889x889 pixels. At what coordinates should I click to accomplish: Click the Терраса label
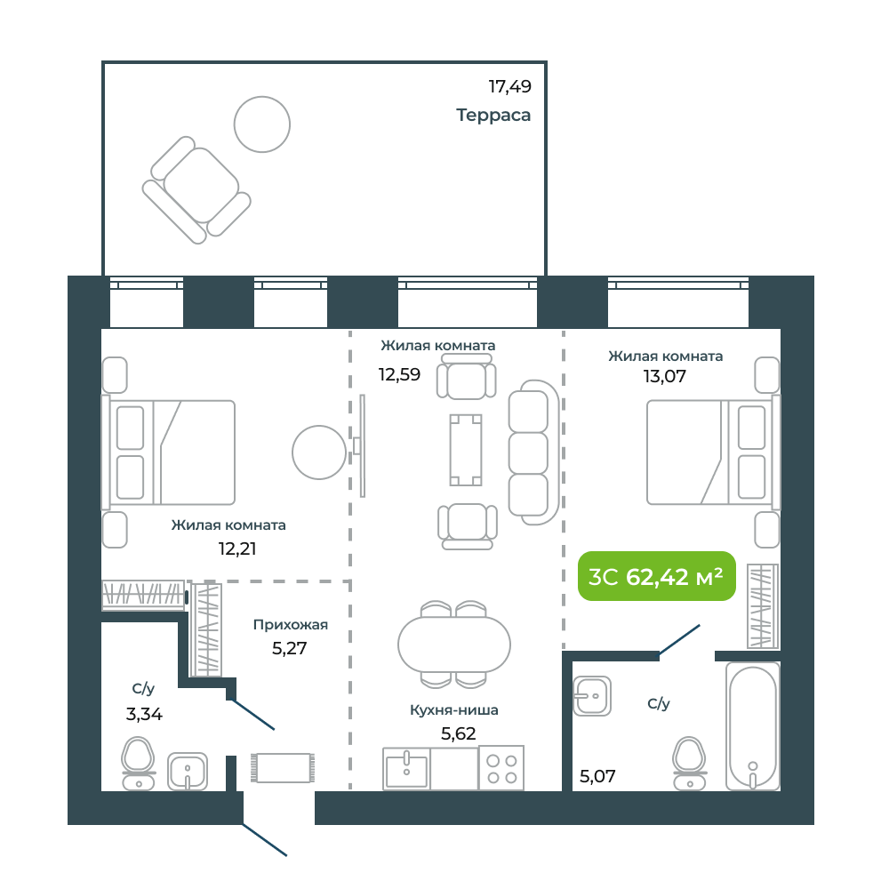coord(493,115)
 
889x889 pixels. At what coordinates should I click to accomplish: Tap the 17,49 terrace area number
coord(509,87)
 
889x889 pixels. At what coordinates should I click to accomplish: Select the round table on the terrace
coord(262,124)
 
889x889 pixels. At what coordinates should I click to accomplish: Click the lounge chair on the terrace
coord(196,189)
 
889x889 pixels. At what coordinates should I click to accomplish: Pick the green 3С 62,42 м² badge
coord(657,576)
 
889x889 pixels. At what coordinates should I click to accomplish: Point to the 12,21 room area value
coord(237,549)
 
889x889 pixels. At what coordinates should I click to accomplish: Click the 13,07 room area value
coord(664,376)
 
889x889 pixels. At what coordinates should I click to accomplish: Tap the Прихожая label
coord(291,625)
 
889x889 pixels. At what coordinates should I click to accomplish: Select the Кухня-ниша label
coord(454,709)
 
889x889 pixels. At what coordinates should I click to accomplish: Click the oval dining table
coord(454,645)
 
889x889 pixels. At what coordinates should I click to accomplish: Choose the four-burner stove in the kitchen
coord(501,768)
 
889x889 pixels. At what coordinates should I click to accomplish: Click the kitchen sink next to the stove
coord(406,769)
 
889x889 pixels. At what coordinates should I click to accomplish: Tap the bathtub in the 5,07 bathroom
coord(752,726)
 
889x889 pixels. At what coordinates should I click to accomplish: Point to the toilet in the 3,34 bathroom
coord(139,763)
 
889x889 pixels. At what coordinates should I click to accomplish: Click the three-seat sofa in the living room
coord(533,453)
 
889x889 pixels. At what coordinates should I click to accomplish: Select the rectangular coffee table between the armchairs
coord(466,450)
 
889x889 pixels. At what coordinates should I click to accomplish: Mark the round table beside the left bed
coord(319,453)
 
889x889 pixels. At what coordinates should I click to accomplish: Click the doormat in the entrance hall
coord(283,768)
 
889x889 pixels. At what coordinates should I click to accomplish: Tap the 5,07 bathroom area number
coord(597,776)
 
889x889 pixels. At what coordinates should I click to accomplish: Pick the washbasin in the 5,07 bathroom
coord(592,696)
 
